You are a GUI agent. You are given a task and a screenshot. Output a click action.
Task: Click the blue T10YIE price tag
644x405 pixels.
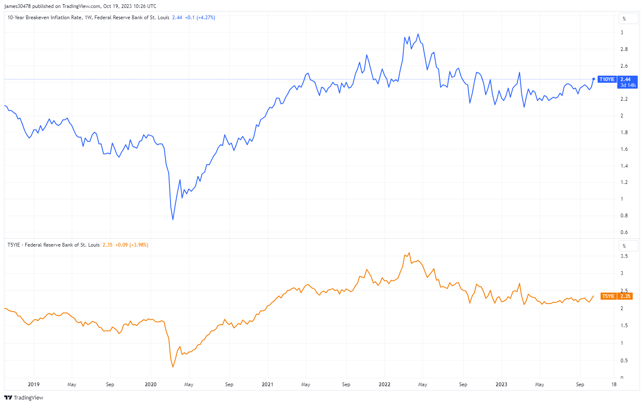click(x=617, y=79)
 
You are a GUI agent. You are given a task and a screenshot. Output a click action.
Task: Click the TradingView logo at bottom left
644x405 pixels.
click(x=24, y=397)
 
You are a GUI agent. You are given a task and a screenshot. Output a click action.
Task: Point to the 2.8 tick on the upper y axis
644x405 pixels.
click(x=624, y=49)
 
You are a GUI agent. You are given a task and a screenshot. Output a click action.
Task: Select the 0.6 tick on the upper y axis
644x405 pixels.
click(x=624, y=232)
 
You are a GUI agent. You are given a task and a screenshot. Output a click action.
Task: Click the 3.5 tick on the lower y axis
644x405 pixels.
click(x=624, y=256)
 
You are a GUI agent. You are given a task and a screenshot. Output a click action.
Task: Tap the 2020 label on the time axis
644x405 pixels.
click(x=150, y=385)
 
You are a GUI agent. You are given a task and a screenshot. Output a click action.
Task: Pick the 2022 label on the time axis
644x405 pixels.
click(x=384, y=385)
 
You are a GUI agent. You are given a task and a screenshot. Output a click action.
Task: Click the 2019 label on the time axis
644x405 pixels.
click(x=33, y=385)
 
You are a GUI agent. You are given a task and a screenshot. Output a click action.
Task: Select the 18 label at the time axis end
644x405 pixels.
click(x=614, y=385)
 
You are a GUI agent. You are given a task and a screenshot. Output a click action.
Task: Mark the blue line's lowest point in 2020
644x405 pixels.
click(x=173, y=219)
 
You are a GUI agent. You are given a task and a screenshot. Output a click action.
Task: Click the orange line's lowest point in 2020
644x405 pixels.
click(x=173, y=367)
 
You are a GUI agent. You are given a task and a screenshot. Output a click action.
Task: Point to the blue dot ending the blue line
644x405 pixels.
click(x=594, y=79)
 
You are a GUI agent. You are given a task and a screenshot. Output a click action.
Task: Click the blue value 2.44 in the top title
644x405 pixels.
click(x=177, y=18)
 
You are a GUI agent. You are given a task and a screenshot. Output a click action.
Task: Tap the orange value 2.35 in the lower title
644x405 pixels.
click(x=107, y=245)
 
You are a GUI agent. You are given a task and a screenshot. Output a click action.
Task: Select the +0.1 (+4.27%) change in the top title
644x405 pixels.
click(x=200, y=18)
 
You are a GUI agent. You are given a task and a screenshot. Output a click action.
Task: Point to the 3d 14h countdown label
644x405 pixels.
click(x=628, y=85)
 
